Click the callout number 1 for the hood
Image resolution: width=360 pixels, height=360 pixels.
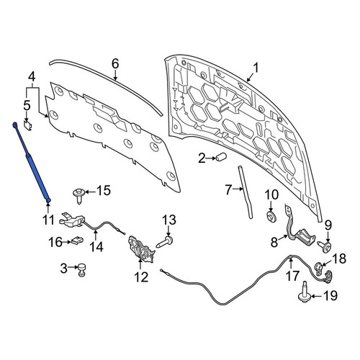pos(256,68)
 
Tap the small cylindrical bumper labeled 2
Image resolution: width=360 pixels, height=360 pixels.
pos(220,157)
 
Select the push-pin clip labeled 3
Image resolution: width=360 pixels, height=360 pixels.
pos(81,270)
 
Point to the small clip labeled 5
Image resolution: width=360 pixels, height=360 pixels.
pos(29,125)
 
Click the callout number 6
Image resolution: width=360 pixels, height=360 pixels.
pos(115,64)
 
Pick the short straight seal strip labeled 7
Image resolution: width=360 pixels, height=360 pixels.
pos(245,192)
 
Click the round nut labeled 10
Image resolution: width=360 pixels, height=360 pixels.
pos(272,216)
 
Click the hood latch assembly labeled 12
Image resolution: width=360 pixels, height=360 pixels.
pos(142,250)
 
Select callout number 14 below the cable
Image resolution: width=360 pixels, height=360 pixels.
pos(96,246)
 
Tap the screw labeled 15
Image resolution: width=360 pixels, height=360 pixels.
pos(78,196)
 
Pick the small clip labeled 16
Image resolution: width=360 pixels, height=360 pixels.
pos(77,240)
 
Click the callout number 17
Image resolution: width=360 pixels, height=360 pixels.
pos(292,276)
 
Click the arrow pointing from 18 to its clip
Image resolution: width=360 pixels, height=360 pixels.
pos(327,263)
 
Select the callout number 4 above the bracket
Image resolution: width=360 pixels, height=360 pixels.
pos(32,77)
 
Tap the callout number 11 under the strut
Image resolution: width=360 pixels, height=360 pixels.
pos(48,220)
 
